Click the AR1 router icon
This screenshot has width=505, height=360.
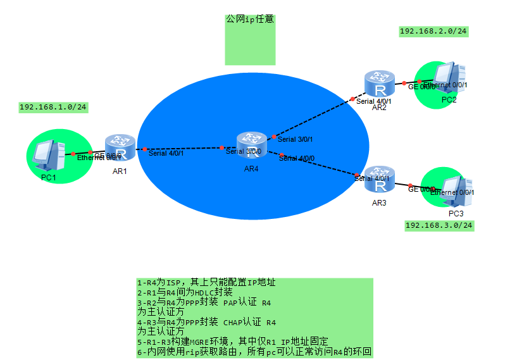tap(120, 147)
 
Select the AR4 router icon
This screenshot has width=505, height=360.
tap(252, 145)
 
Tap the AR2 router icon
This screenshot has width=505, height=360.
tap(380, 84)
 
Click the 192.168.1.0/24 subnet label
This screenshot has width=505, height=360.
tap(53, 107)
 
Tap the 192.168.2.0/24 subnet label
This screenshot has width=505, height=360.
tap(433, 30)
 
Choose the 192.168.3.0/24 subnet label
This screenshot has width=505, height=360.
tap(439, 225)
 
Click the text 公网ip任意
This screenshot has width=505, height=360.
tap(250, 20)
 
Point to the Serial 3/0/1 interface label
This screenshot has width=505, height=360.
tap(296, 139)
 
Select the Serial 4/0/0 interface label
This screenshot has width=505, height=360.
tap(297, 158)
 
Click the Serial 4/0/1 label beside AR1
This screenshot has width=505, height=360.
tap(166, 152)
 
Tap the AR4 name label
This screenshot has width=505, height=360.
tap(251, 168)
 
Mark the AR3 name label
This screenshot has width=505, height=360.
tap(379, 203)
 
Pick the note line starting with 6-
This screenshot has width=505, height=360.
tap(254, 352)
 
